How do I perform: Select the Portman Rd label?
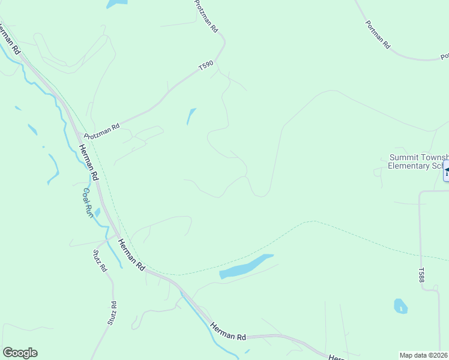tap(378, 34)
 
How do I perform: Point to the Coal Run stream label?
tap(88, 203)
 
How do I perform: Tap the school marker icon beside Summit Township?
tap(446, 173)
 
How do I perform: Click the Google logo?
tap(20, 353)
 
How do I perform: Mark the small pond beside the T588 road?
tap(400, 306)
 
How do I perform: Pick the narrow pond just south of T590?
tap(191, 116)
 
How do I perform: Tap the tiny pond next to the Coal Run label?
tap(97, 212)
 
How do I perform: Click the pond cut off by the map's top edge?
tap(116, 3)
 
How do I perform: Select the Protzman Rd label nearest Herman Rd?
tap(102, 130)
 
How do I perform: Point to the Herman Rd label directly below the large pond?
tap(229, 331)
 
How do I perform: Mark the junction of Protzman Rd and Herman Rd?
tap(77, 133)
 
